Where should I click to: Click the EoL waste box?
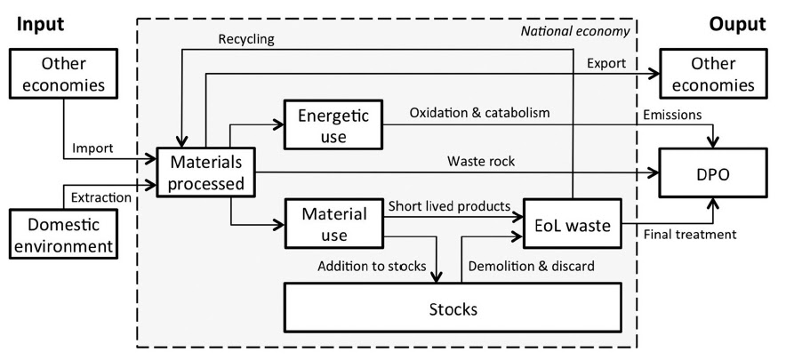pos(572,226)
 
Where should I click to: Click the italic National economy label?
pos(587,31)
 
